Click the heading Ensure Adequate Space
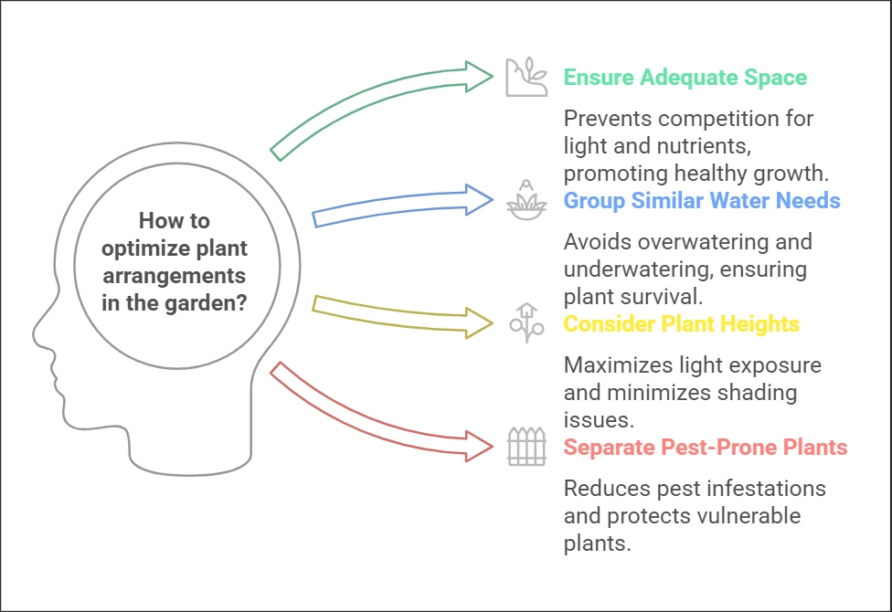(x=685, y=77)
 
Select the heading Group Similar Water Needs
(x=702, y=200)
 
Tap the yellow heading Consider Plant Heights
(x=681, y=324)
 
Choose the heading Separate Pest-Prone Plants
(x=705, y=448)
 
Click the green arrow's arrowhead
(x=478, y=77)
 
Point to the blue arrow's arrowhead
(x=477, y=200)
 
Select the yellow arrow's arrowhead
(x=478, y=323)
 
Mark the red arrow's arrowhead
(x=477, y=447)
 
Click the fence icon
(x=526, y=447)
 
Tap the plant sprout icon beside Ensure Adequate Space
(x=526, y=77)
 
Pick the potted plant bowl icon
(x=526, y=200)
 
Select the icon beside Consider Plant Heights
(x=526, y=323)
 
